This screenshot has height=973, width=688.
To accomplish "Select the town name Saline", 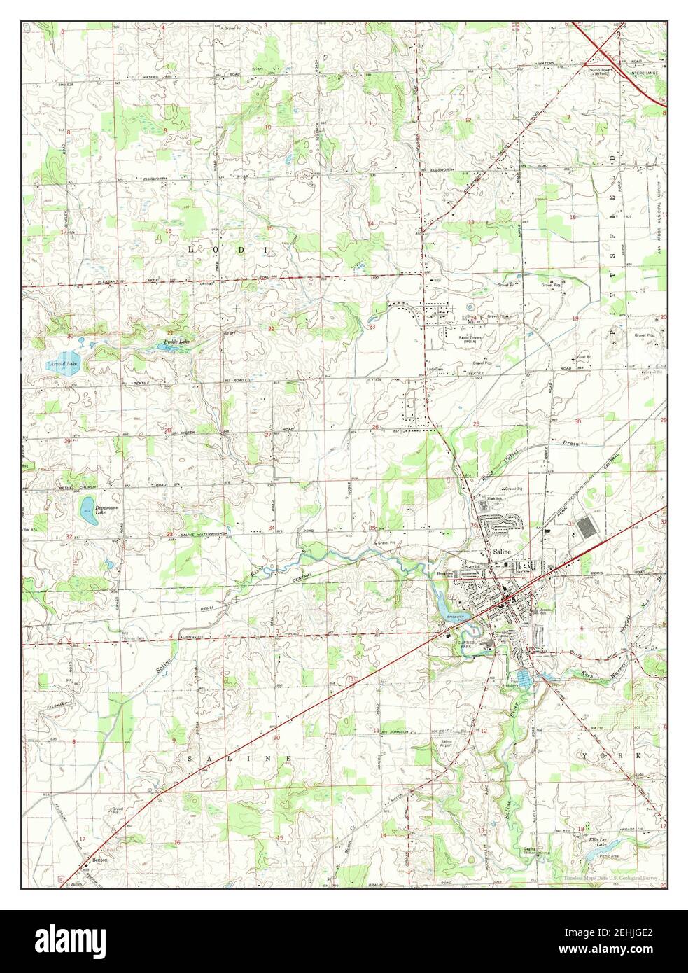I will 502,552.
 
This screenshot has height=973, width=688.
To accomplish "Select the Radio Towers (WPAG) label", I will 601,72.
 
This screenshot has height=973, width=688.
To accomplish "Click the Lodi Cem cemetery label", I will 435,369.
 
